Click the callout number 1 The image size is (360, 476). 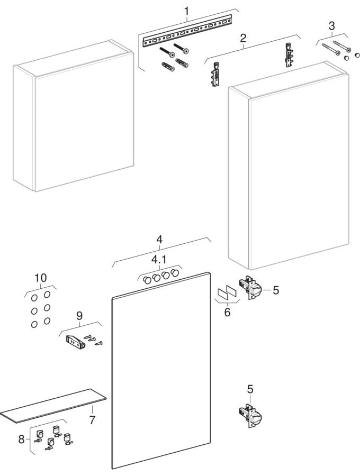[186, 11]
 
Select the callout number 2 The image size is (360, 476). [243, 38]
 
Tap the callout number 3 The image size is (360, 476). [331, 25]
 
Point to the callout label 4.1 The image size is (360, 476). [159, 260]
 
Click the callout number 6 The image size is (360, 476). [227, 313]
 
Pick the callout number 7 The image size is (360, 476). [92, 420]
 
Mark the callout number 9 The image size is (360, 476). [79, 316]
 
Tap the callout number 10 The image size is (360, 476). [40, 278]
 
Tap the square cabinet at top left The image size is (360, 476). [74, 116]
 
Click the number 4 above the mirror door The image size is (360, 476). [159, 239]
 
